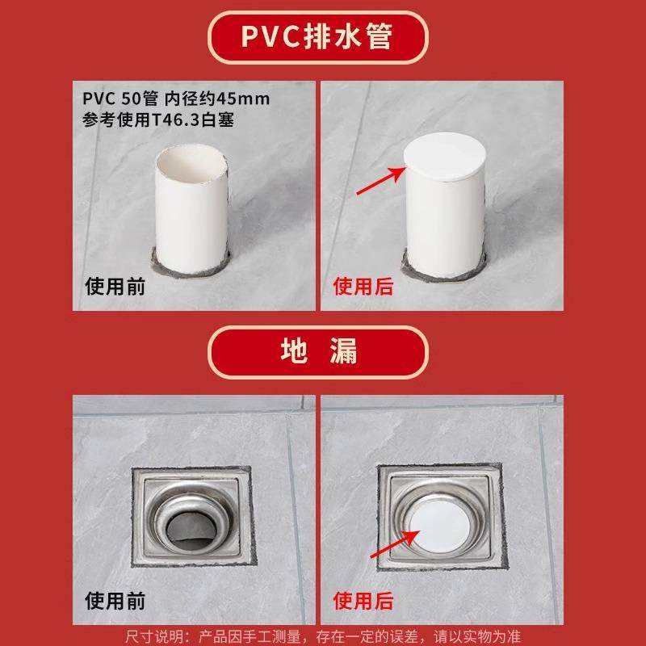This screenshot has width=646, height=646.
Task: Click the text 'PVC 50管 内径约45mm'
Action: [176, 99]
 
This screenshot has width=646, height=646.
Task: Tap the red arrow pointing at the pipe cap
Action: [380, 182]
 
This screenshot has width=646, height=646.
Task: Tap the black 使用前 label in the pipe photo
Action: [115, 286]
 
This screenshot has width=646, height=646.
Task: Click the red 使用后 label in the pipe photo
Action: [363, 286]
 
